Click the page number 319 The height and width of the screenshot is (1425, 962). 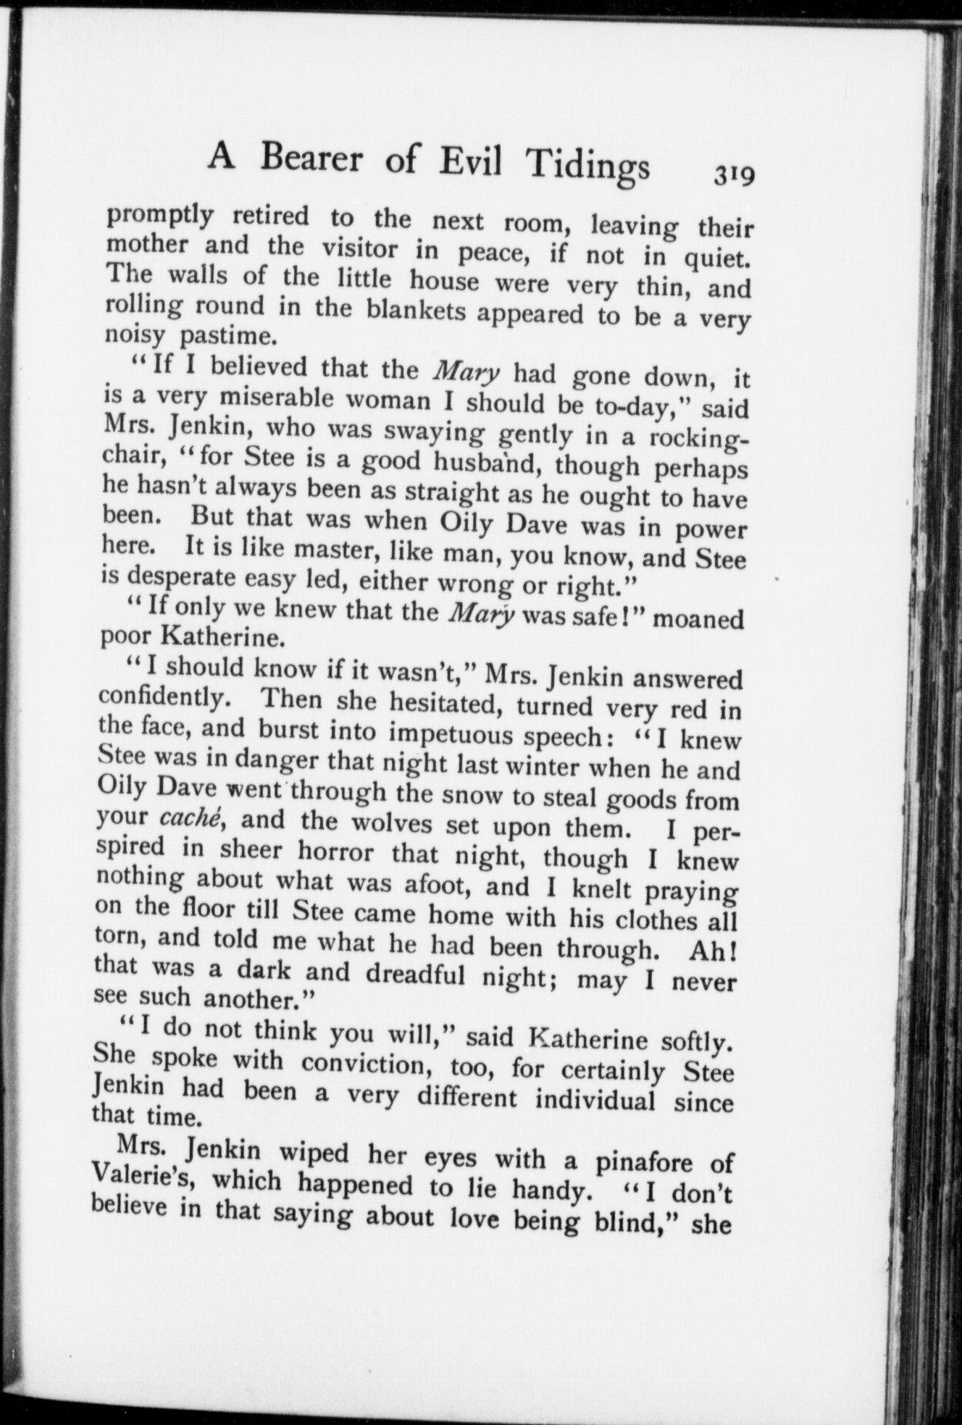tap(734, 176)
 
